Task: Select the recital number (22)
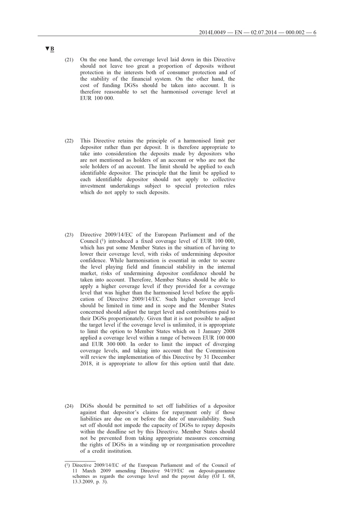69,141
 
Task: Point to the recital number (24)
69,406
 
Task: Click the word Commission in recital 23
218,359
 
